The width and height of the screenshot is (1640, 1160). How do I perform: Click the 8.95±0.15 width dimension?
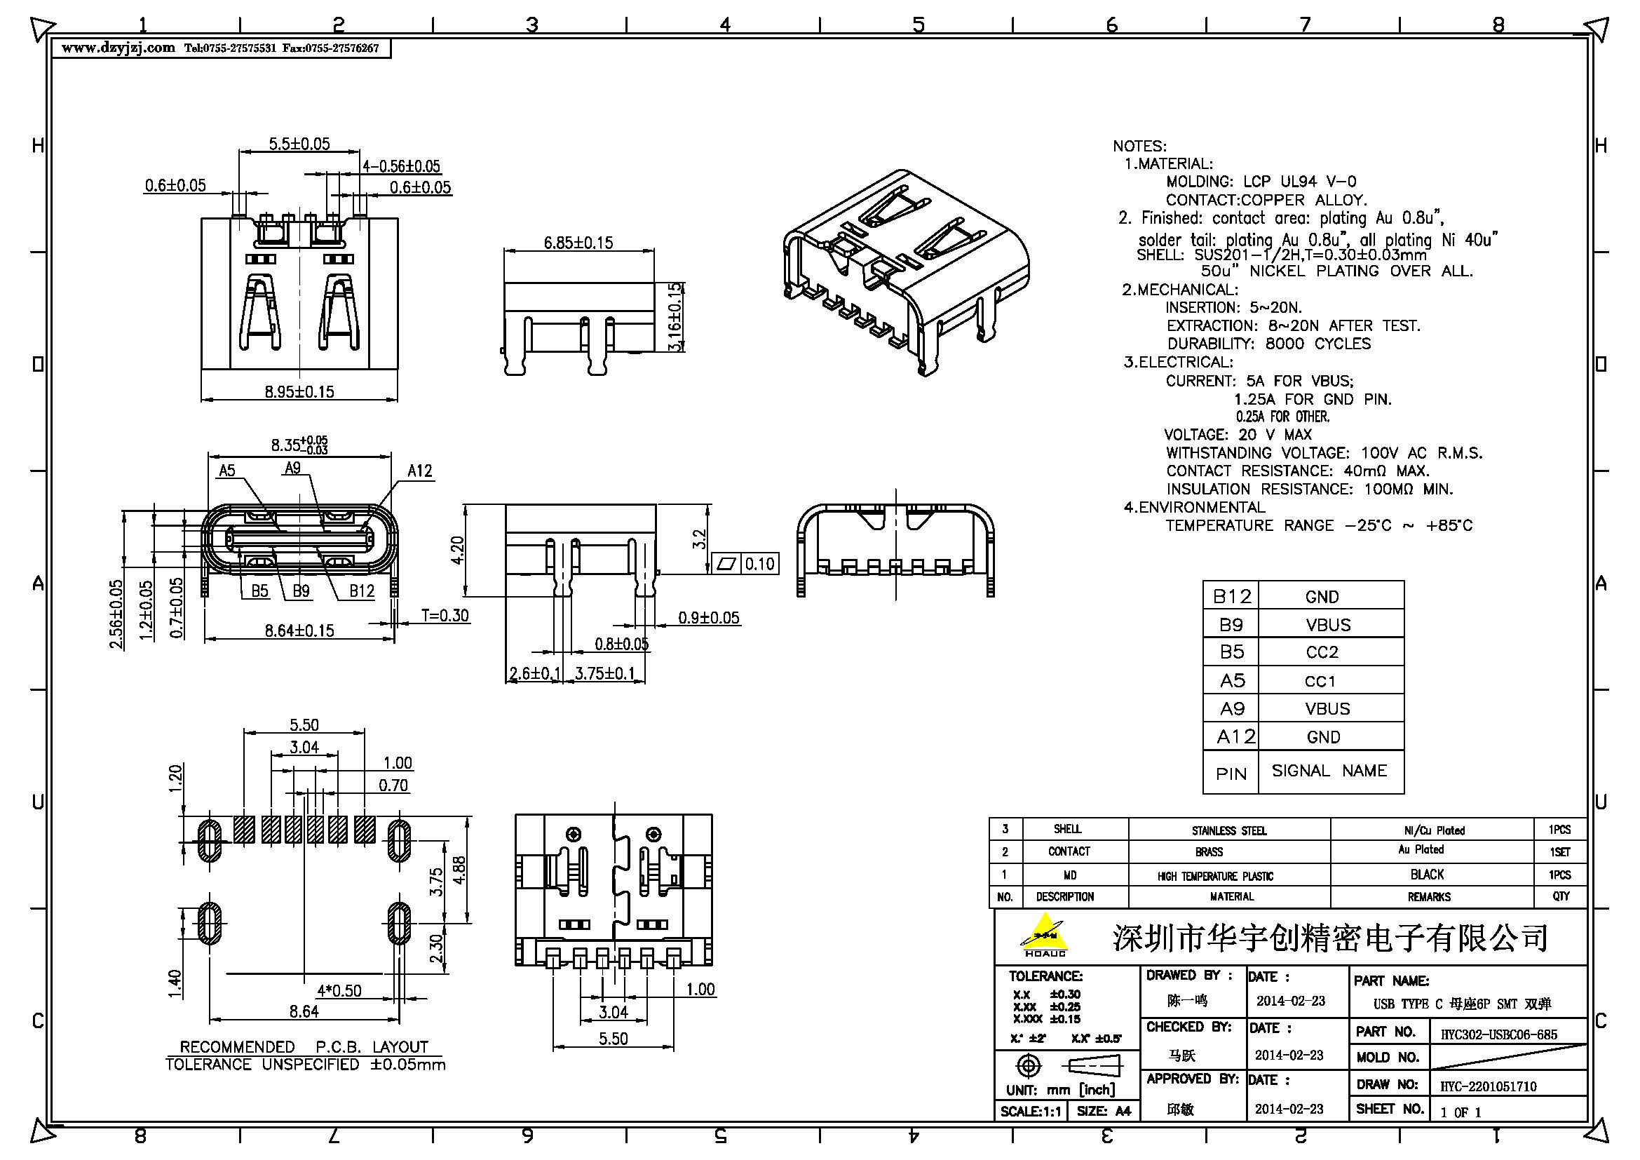pyautogui.click(x=299, y=391)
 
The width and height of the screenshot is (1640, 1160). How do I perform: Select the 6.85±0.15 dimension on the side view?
pyautogui.click(x=578, y=243)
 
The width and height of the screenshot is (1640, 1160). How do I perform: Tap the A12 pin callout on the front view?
pyautogui.click(x=419, y=471)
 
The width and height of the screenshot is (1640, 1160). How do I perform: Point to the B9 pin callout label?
pyautogui.click(x=301, y=591)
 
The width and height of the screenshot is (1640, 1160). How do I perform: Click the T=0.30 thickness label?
pyautogui.click(x=445, y=615)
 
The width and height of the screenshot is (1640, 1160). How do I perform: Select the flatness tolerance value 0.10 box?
pyautogui.click(x=759, y=565)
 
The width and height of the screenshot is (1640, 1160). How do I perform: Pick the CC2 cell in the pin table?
pyautogui.click(x=1322, y=652)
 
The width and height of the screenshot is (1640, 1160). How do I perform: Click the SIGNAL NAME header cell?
pyautogui.click(x=1329, y=771)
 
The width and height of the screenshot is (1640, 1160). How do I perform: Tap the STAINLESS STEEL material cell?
pyautogui.click(x=1228, y=830)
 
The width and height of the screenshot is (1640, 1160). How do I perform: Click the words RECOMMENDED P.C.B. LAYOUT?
pyautogui.click(x=304, y=1046)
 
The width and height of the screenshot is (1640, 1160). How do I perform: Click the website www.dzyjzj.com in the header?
pyautogui.click(x=118, y=48)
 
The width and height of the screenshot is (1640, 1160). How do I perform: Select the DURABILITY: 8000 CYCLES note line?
pyautogui.click(x=1268, y=344)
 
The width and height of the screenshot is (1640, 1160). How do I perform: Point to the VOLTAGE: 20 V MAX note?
pyautogui.click(x=1238, y=434)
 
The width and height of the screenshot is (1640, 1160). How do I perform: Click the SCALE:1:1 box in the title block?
pyautogui.click(x=1030, y=1111)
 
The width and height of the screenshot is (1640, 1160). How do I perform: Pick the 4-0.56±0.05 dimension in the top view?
pyautogui.click(x=401, y=166)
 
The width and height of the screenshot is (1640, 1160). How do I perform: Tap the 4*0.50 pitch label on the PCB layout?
pyautogui.click(x=339, y=991)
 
